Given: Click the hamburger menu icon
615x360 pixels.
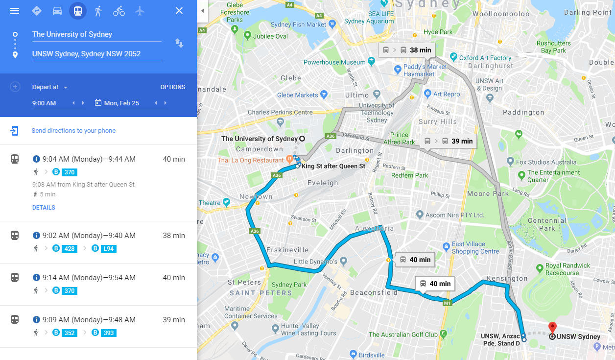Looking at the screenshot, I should tap(15, 11).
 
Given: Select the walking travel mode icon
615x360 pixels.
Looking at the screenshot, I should tap(98, 11).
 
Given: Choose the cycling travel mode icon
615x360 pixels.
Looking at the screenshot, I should tap(119, 11).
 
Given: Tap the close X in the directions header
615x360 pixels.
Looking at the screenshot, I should tap(179, 11).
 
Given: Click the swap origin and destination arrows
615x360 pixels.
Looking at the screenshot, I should tap(179, 44).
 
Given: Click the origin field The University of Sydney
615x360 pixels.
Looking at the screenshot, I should tap(96, 34).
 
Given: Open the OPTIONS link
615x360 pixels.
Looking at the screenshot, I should tap(173, 87).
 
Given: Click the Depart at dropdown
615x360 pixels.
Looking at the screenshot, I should tap(50, 87).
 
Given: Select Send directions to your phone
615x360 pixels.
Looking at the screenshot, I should tap(73, 131).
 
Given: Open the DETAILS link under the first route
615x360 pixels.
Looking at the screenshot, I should tap(44, 208).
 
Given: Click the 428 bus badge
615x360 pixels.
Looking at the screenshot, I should tap(70, 249).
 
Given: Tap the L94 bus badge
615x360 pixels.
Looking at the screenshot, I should tap(108, 249).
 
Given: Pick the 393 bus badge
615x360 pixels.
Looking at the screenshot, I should tap(108, 333).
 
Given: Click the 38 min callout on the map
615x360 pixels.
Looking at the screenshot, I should tap(407, 50).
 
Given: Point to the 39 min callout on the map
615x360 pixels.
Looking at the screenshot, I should tap(449, 141).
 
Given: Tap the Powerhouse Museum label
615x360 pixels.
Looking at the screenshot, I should tap(334, 62).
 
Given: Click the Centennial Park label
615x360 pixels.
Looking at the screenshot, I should tap(547, 224).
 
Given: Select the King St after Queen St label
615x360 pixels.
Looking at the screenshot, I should tap(333, 167).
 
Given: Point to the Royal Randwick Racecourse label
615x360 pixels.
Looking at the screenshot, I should tap(568, 269).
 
